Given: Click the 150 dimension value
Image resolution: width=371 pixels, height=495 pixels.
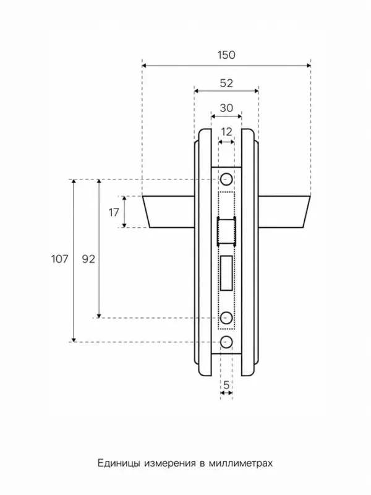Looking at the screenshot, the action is tap(226, 55).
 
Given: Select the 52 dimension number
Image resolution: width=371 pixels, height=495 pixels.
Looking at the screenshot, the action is tap(226, 84).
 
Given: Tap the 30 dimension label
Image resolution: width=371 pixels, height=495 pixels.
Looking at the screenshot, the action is tap(226, 108).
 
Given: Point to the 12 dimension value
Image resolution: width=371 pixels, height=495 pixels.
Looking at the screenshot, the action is tap(226, 132).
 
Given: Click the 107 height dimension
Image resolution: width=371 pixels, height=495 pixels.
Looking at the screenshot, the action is tap(59, 259).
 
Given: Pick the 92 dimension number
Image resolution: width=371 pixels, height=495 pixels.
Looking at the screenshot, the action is tap(88, 259).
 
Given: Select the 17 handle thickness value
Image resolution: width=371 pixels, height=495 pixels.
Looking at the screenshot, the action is tap(114, 212).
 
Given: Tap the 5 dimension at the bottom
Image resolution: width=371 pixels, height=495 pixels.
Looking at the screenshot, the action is tap(226, 385).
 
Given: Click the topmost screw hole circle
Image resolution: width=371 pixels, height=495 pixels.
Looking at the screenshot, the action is tap(226, 179).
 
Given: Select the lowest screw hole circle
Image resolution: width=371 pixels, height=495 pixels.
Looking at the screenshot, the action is tap(226, 342).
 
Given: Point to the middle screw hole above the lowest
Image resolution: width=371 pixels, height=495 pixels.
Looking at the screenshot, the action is tap(226, 317).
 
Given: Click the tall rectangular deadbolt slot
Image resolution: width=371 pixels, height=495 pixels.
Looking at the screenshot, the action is tap(227, 273).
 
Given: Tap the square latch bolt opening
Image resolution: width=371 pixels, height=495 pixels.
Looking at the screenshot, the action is tap(226, 231).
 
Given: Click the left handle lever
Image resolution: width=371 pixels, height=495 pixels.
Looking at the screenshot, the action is tap(169, 212).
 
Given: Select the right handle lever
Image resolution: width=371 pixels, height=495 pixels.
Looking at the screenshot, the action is tap(284, 212).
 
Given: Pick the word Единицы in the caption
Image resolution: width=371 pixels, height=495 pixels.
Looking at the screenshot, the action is tap(119, 463).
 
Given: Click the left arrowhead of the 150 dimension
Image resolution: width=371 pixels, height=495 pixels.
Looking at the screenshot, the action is tap(144, 66).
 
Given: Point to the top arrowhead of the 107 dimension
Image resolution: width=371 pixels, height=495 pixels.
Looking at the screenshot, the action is tap(74, 181).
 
